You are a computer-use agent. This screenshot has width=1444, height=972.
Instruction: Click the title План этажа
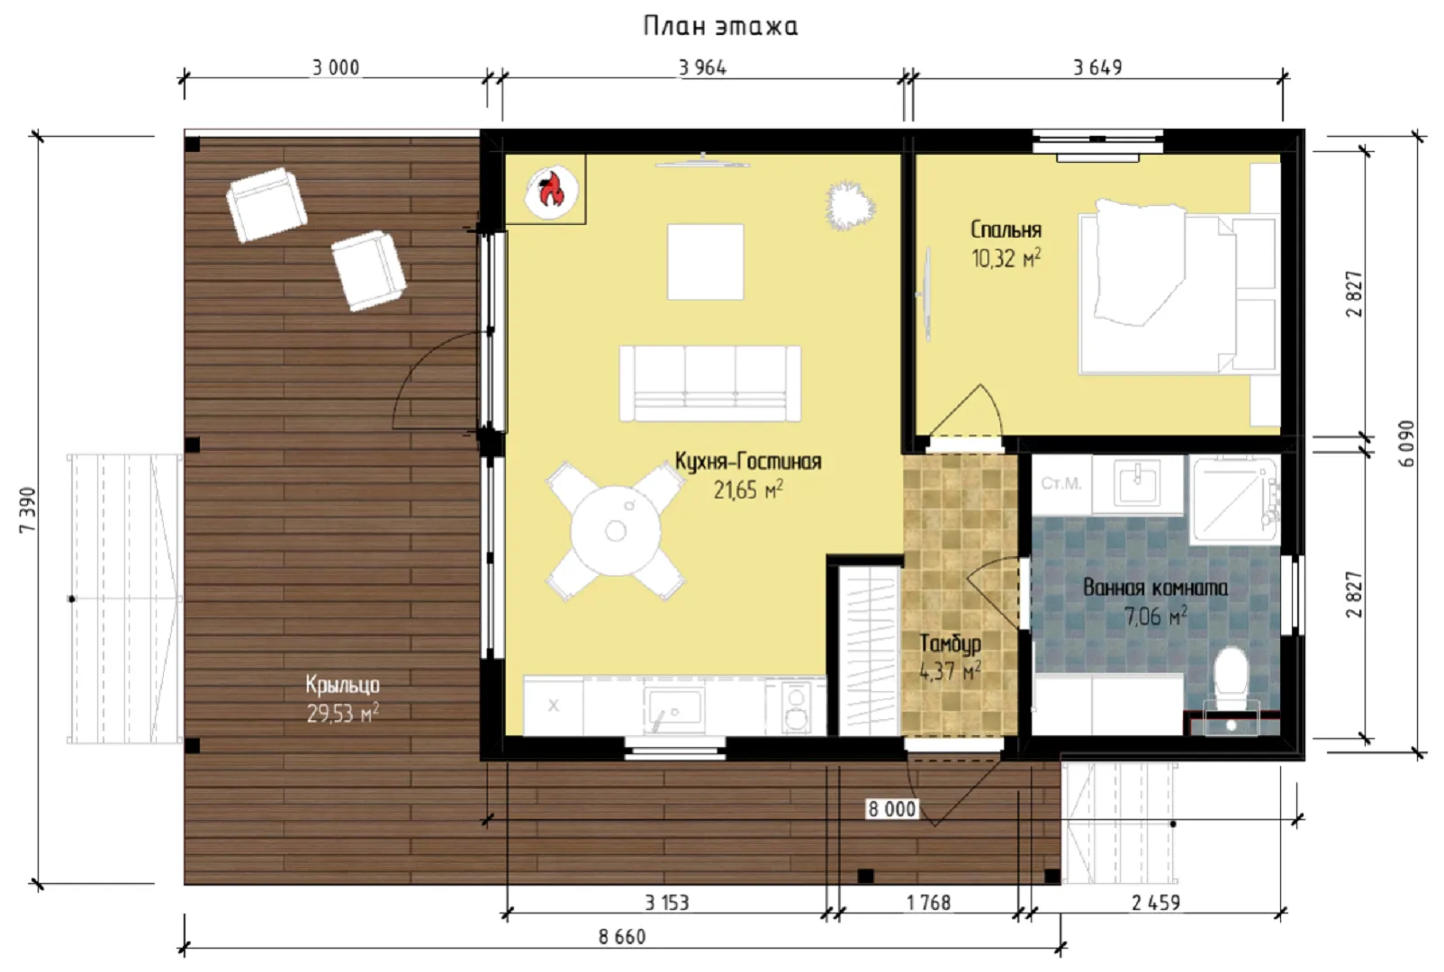[721, 26]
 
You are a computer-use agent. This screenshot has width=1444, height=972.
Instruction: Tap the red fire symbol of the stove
[551, 189]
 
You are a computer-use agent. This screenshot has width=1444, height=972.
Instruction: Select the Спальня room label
[1006, 230]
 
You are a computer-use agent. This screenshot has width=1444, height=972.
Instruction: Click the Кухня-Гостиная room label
[748, 462]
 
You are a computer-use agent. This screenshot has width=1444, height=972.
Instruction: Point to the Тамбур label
[950, 643]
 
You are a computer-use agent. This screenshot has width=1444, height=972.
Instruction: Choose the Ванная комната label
[1155, 588]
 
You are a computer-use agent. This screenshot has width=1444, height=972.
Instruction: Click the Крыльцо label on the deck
[342, 685]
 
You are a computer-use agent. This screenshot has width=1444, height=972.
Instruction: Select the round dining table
[616, 530]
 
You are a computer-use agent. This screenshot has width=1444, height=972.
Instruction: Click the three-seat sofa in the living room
[710, 384]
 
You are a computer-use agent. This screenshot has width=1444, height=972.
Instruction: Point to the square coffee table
[705, 262]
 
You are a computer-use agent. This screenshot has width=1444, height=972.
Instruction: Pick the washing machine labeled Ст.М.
[1061, 484]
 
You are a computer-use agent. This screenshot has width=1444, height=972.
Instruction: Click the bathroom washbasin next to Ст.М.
[1137, 484]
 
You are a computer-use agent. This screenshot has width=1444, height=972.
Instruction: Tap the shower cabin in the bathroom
[1234, 499]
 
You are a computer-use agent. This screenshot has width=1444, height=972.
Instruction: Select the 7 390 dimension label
[29, 509]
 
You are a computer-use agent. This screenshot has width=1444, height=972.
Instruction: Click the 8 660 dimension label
[622, 937]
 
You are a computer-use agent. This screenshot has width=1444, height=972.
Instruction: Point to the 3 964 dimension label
[703, 67]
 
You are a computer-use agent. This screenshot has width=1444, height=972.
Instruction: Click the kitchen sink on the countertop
[673, 707]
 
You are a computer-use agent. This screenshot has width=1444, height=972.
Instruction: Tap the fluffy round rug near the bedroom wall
[850, 206]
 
